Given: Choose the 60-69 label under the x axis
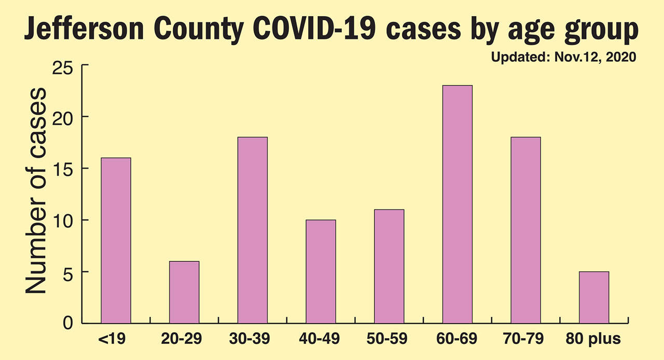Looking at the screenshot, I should pyautogui.click(x=457, y=340).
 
